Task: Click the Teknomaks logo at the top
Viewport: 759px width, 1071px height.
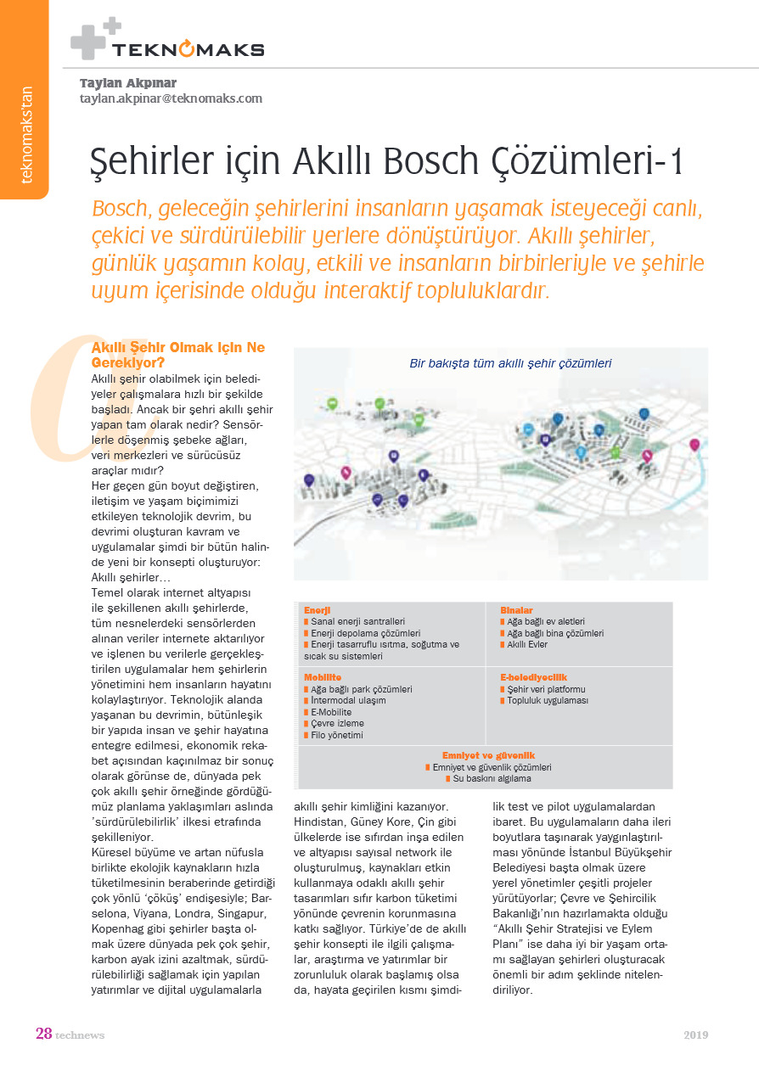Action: tap(168, 42)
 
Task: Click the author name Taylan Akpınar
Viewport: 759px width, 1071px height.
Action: tap(128, 83)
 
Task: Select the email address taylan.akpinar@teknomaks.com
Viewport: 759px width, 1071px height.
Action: tap(171, 98)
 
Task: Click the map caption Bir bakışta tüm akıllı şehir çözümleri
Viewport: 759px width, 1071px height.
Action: tap(511, 363)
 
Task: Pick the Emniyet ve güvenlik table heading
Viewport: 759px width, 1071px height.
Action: tap(488, 755)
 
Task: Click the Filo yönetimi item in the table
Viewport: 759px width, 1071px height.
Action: tap(337, 735)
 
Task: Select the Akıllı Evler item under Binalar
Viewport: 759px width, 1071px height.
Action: tap(527, 645)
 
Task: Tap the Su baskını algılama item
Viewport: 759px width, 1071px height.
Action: tap(492, 778)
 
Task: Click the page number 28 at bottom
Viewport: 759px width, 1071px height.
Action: tap(44, 1034)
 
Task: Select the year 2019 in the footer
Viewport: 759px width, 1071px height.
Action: tap(696, 1035)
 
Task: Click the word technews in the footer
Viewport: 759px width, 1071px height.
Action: tap(80, 1035)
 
